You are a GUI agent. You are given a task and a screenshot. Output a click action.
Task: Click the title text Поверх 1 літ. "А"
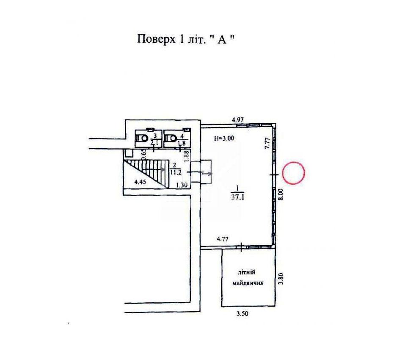point(186,39)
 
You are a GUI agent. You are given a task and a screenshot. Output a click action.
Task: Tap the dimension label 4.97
point(238,119)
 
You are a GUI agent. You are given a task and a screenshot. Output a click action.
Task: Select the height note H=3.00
point(224,138)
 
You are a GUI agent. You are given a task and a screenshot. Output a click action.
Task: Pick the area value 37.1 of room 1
point(238,198)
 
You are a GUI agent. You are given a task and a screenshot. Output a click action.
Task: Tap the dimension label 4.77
point(223,239)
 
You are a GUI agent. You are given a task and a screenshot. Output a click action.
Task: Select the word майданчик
point(248,283)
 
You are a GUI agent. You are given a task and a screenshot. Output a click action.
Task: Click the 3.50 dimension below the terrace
point(242,313)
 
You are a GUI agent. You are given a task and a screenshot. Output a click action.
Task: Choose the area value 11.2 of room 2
point(176,172)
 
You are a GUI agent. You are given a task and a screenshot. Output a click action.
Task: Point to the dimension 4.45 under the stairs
point(140,182)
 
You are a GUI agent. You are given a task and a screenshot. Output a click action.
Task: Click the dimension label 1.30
point(182,185)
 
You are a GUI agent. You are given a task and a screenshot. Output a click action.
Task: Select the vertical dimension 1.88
point(187,156)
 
